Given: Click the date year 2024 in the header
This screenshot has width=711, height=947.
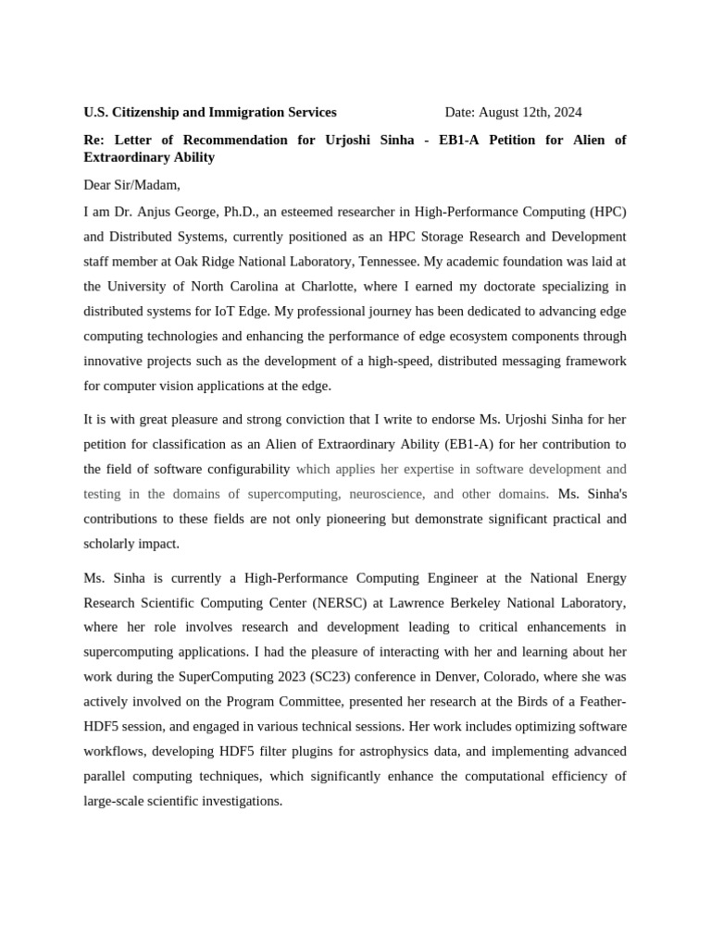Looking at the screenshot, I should pyautogui.click(x=566, y=112).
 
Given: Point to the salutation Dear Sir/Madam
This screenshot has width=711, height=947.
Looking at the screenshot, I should pyautogui.click(x=131, y=184).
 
